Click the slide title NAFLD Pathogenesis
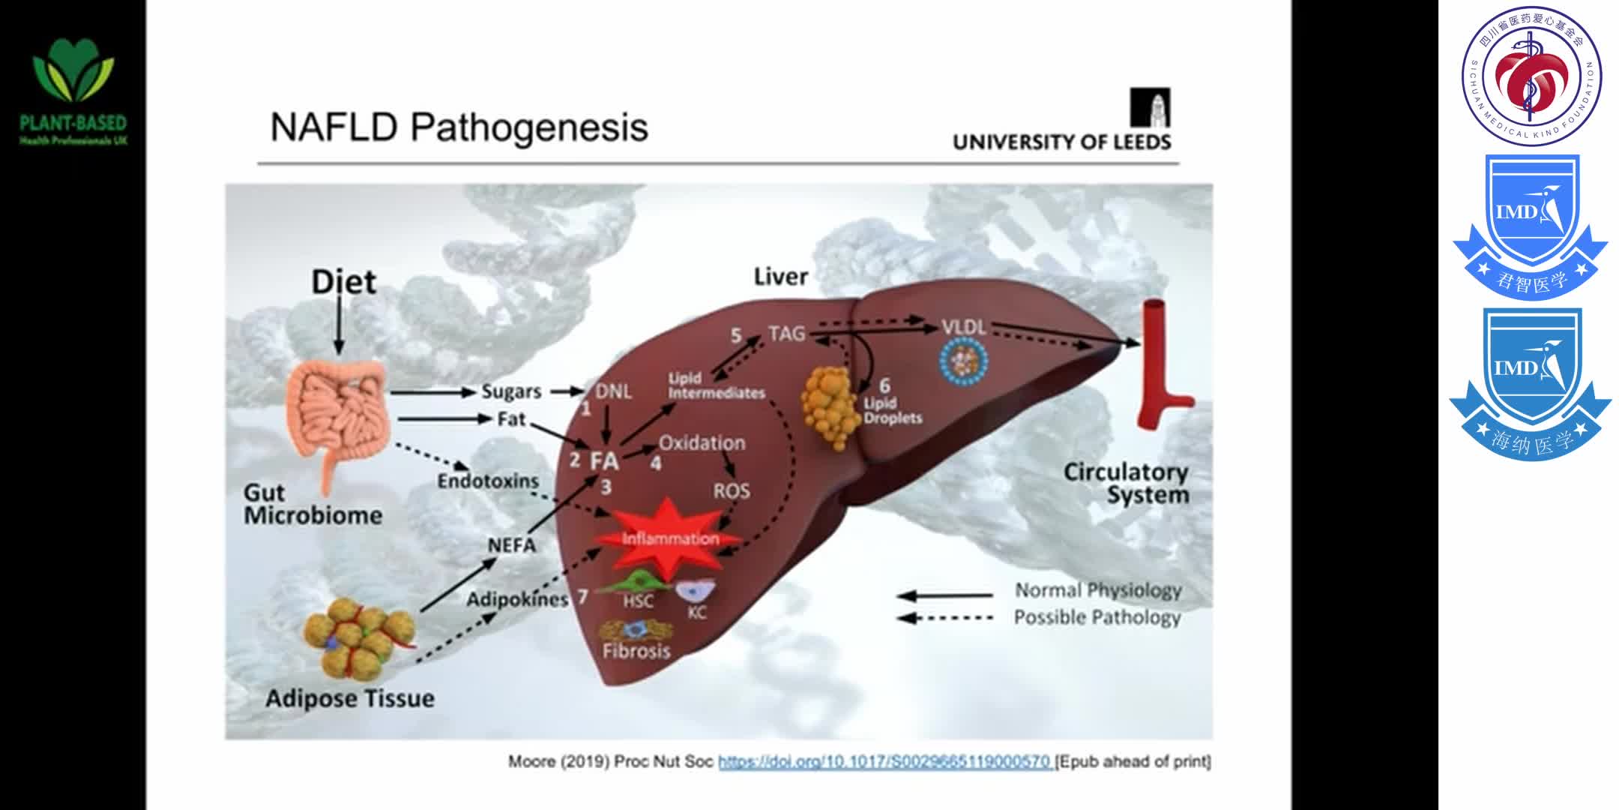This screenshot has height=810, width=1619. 459,127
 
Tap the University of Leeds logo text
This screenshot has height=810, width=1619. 1061,142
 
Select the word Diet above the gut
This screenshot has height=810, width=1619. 343,282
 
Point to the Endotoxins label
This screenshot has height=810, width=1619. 488,481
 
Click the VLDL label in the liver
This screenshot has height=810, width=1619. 963,328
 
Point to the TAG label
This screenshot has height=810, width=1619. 786,334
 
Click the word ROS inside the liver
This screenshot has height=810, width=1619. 731,491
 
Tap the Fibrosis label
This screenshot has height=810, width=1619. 636,650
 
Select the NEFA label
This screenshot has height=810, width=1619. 512,545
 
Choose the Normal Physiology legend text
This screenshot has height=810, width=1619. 1097,591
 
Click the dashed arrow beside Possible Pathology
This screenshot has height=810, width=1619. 944,618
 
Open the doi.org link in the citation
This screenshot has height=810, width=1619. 884,762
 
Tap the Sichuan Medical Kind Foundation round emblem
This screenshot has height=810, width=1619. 1531,76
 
